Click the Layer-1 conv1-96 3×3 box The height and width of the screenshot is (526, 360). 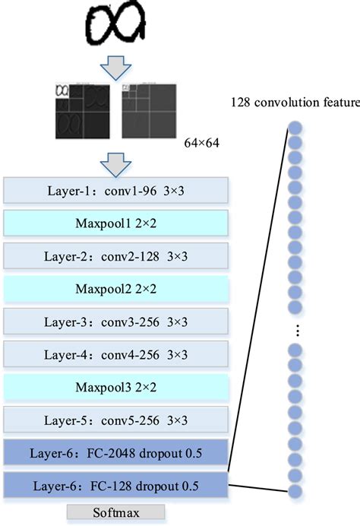116,190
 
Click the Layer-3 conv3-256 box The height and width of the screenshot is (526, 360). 116,321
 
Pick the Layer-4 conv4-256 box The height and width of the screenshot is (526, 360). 116,353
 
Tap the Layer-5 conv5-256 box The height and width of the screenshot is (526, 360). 116,419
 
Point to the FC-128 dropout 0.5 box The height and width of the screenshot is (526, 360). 116,484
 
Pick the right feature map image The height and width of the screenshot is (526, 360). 149,110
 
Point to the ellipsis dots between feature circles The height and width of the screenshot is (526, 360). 297,330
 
